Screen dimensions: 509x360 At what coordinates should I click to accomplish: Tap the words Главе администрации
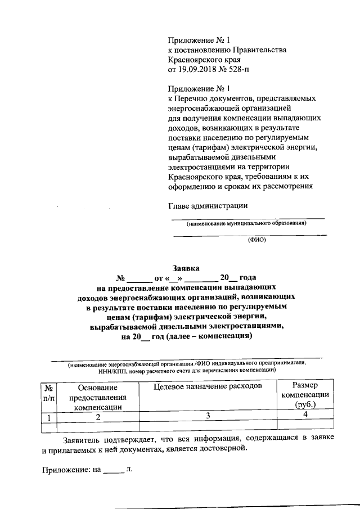coord(208,205)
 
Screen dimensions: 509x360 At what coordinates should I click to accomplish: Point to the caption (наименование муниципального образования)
coord(247,223)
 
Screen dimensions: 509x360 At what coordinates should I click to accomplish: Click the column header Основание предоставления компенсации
coord(98,398)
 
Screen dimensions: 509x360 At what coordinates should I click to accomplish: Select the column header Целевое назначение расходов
coord(208,388)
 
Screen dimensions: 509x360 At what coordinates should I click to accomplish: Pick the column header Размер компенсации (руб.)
coord(305,395)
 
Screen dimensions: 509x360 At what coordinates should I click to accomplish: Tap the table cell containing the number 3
coord(208,416)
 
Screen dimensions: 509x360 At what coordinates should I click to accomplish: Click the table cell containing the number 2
coord(98,417)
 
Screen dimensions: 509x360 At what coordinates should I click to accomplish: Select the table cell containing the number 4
coord(305,415)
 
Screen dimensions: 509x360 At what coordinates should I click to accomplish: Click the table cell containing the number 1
coord(49,417)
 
